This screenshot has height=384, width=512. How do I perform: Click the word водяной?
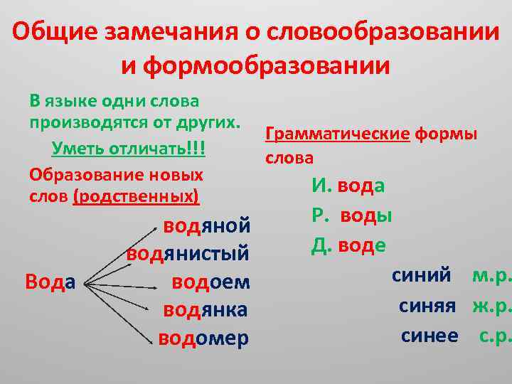pyautogui.click(x=206, y=226)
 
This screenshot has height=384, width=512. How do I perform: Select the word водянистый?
pyautogui.click(x=188, y=254)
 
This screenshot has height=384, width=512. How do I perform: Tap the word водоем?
pyautogui.click(x=211, y=282)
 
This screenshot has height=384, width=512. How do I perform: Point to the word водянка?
pyautogui.click(x=206, y=309)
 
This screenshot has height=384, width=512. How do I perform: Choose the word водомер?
pyautogui.click(x=203, y=338)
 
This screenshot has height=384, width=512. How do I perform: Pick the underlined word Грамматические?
pyautogui.click(x=337, y=134)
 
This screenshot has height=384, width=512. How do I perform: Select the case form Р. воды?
pyautogui.click(x=352, y=215)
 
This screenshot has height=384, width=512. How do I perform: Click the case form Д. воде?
pyautogui.click(x=348, y=245)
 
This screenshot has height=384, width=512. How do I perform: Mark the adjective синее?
pyautogui.click(x=430, y=335)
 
